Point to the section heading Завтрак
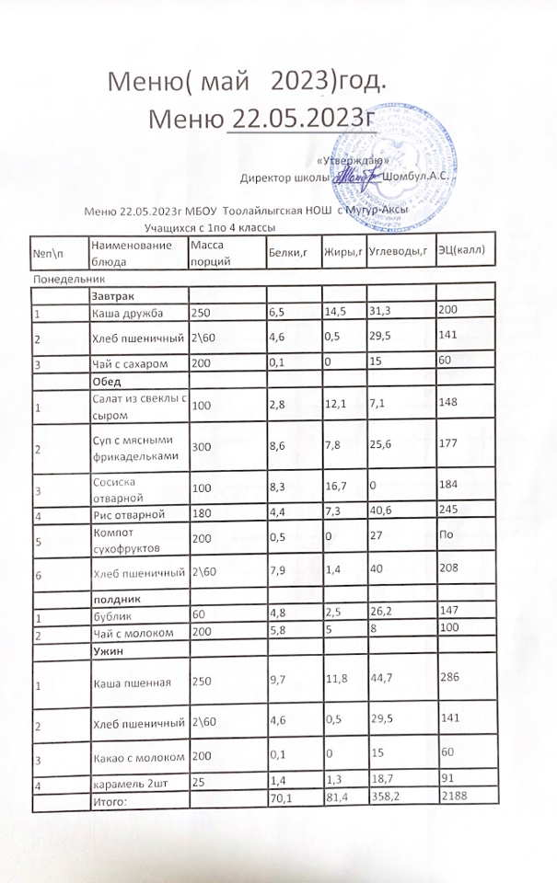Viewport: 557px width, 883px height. (112, 297)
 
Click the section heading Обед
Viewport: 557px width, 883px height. (107, 381)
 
